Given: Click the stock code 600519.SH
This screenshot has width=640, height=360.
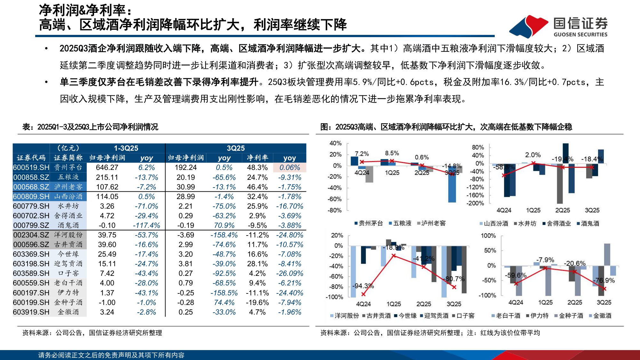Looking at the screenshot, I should (x=31, y=167).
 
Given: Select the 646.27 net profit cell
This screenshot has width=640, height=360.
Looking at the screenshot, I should (x=107, y=167).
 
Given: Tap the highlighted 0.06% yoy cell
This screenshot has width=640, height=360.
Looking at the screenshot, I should (x=290, y=167).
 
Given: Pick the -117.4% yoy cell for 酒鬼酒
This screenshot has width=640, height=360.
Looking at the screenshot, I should (x=146, y=225).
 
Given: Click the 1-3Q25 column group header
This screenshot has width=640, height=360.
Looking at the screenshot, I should (x=126, y=148).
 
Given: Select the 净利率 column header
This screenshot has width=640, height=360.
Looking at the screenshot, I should (x=257, y=158).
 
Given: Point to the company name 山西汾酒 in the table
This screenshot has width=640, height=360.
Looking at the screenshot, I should (x=68, y=196).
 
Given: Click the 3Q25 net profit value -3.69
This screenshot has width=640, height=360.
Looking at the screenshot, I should (x=186, y=235).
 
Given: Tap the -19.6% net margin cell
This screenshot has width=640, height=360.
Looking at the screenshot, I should (x=257, y=302).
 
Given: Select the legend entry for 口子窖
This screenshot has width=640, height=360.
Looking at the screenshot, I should (x=465, y=316).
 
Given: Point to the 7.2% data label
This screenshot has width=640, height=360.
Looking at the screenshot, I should (x=362, y=154).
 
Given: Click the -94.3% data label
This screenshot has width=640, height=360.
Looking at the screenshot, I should (x=363, y=285).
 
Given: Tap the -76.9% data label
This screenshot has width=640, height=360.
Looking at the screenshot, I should (x=604, y=280).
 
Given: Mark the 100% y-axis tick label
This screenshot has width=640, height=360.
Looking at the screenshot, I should (x=488, y=236).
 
